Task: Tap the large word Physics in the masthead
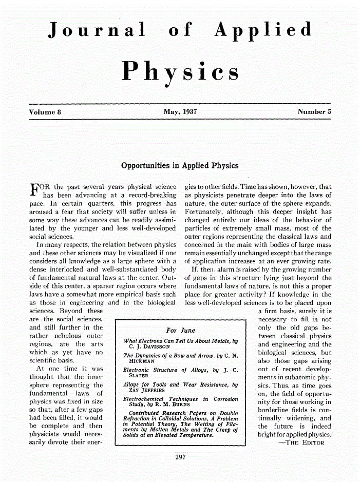pyautogui.click(x=180, y=72)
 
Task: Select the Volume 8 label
pyautogui.click(x=46, y=111)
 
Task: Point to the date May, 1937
pyautogui.click(x=180, y=111)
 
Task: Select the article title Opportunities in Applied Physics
pyautogui.click(x=180, y=166)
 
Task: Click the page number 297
pyautogui.click(x=180, y=456)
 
